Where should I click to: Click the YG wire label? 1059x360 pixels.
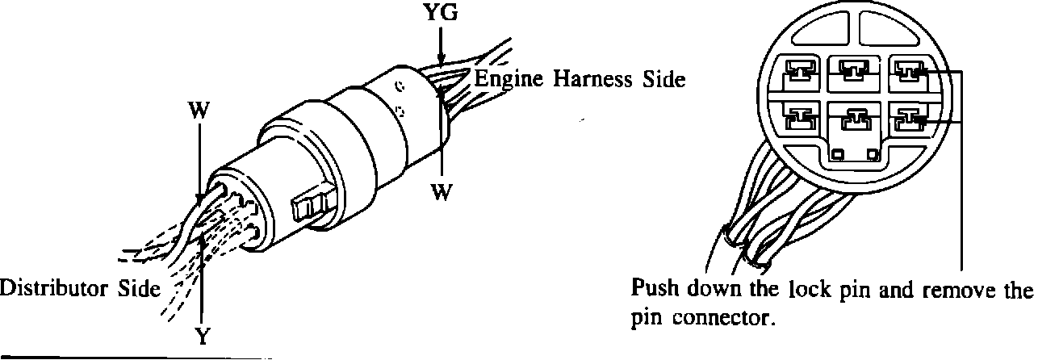(x=442, y=15)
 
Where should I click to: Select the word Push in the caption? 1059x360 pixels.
(x=656, y=288)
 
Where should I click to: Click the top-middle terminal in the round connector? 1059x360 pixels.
(x=854, y=72)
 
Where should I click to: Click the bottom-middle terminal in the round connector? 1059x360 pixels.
(x=854, y=122)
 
